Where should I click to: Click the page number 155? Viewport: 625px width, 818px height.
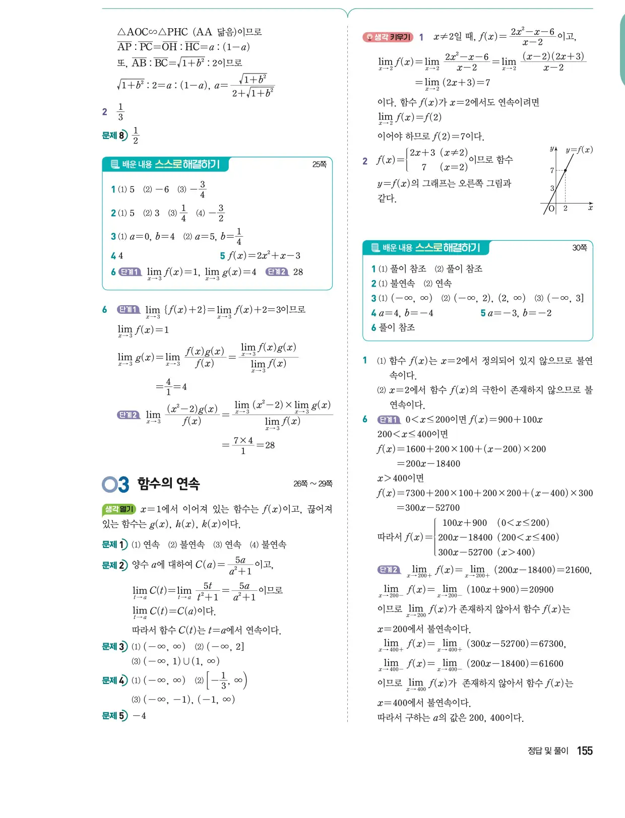coord(585,751)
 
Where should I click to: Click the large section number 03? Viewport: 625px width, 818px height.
coord(115,484)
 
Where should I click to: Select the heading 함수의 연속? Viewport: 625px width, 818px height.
coord(168,484)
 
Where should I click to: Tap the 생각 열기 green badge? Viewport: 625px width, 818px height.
coord(119,509)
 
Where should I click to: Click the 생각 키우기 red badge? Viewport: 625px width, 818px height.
coord(388,37)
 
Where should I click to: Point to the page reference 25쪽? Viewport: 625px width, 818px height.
coord(320,165)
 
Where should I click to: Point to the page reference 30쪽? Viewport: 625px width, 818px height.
coord(580,248)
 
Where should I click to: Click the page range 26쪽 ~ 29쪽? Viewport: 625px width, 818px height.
coord(313,484)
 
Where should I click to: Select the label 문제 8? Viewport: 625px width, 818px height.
coord(114,135)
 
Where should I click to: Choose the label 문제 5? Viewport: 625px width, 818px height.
coord(114,716)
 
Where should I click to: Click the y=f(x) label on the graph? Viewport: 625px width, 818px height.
coord(579,150)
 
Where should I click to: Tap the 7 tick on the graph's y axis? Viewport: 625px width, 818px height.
coord(552,171)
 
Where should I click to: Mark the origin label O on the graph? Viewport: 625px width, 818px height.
coord(551,209)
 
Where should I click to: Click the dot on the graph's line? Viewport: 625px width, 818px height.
coord(565,171)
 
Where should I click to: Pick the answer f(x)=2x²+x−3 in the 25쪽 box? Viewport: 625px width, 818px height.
coord(264,256)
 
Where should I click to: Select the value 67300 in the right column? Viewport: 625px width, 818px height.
coord(552,644)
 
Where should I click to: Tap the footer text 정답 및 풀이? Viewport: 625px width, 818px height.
coord(548,751)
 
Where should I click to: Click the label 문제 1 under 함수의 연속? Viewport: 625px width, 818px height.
coord(114,544)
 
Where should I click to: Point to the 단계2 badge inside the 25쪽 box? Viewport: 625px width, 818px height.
coord(276,272)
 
